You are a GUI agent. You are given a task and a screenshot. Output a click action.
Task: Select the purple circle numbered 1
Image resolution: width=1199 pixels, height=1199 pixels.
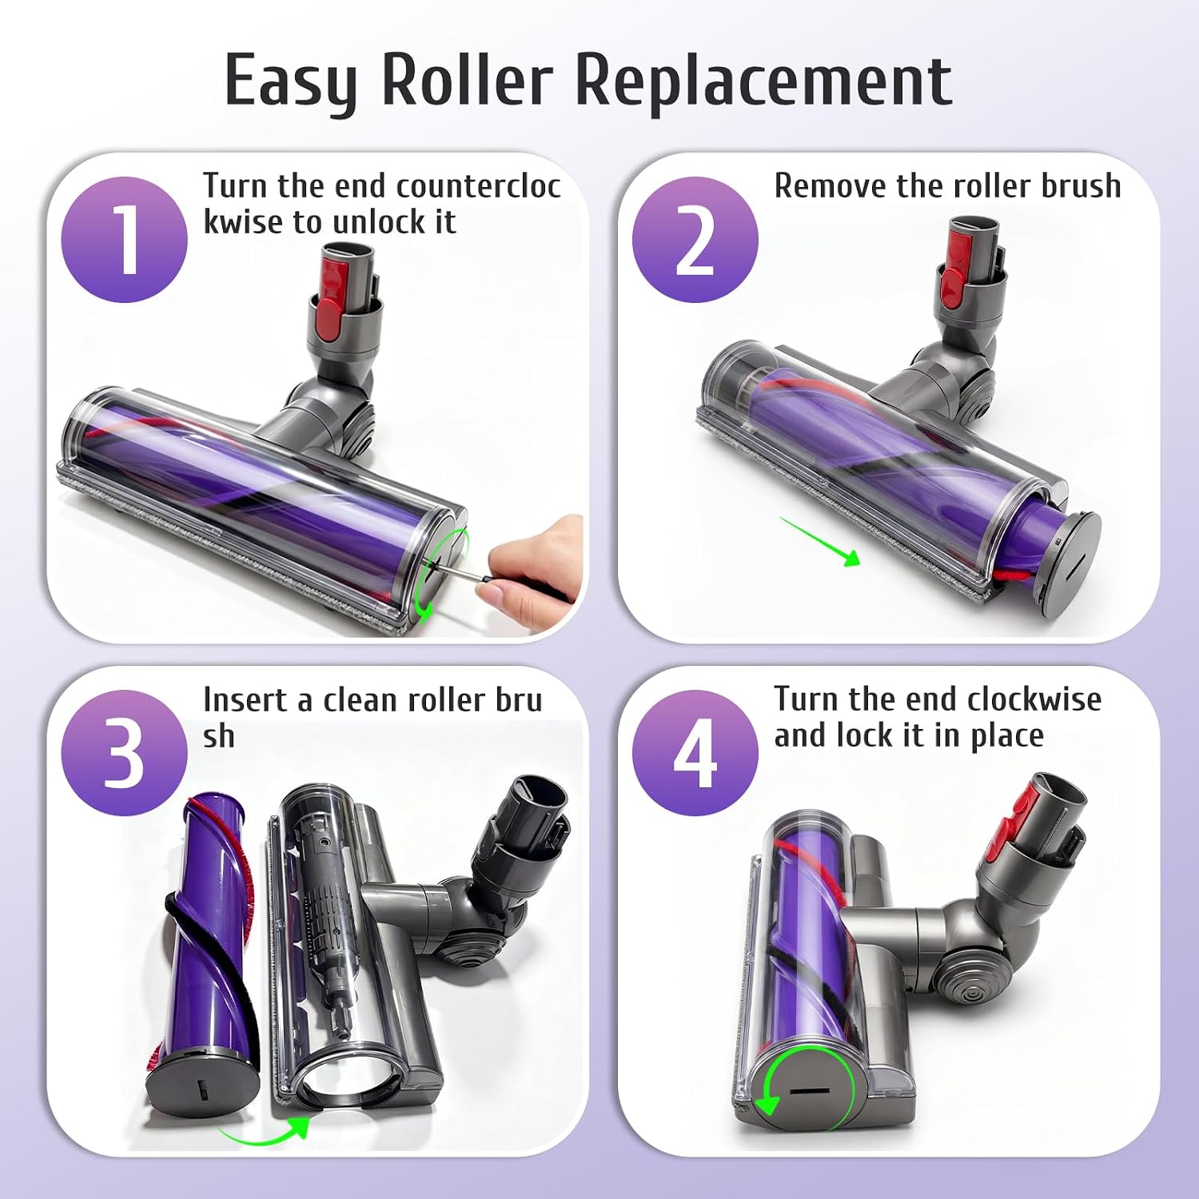[x=125, y=240]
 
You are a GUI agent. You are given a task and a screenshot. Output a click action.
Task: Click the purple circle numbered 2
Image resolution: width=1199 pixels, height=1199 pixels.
[x=695, y=240]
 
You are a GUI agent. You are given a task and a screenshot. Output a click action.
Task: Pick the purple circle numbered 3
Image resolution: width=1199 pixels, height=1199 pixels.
[x=125, y=753]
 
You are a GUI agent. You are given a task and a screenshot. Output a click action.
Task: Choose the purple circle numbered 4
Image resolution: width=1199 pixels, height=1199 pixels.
[x=695, y=753]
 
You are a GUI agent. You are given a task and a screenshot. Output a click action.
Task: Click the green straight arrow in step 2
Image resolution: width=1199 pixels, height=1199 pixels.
[x=819, y=541]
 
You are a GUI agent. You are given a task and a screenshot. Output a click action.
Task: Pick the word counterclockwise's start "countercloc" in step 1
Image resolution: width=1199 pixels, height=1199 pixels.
[x=479, y=185]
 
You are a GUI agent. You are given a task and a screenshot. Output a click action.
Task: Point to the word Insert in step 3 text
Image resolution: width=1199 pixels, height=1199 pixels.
[x=245, y=699]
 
